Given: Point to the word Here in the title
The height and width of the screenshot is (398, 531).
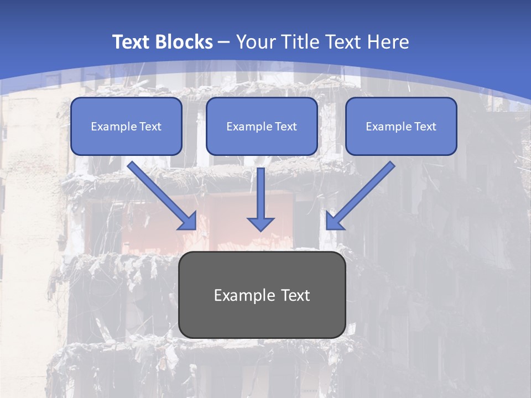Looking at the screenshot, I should (388, 42).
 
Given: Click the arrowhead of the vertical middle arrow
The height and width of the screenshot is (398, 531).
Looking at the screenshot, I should (261, 224).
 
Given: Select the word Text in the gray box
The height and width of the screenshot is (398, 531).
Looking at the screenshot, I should (295, 295).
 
